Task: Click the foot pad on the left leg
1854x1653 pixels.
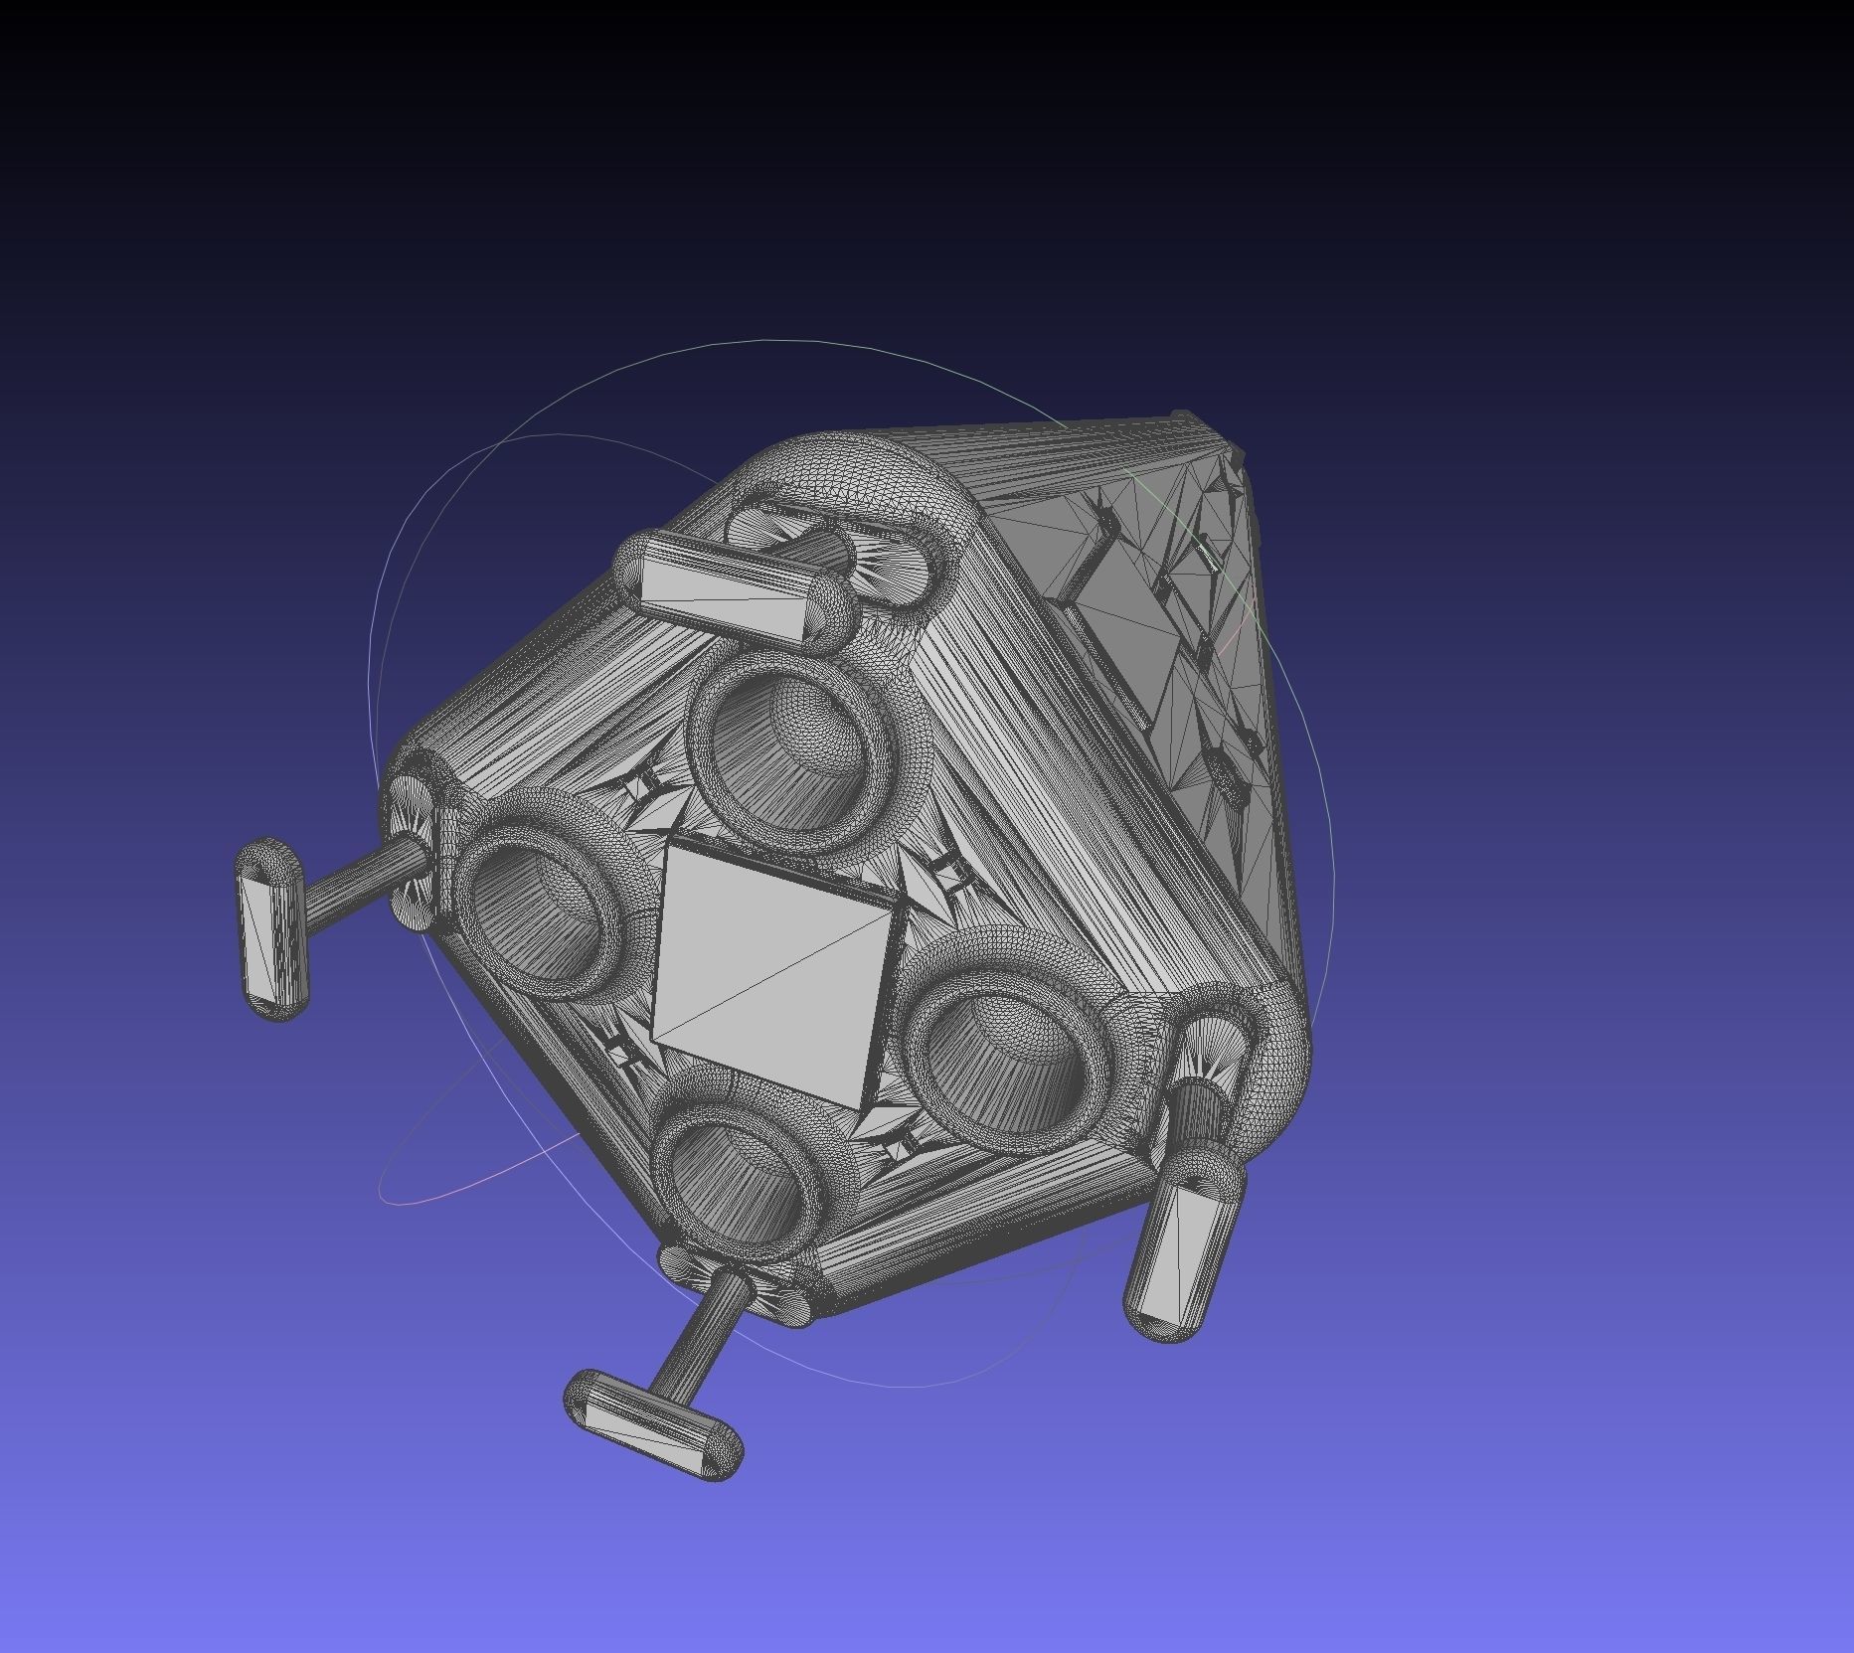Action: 271,929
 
